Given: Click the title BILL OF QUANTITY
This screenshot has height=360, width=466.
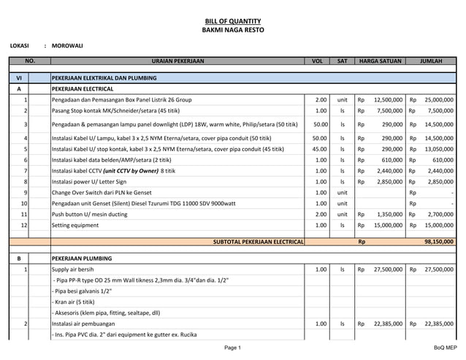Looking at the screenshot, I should click(x=232, y=21).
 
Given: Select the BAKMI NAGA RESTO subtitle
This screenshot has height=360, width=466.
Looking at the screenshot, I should click(x=232, y=30).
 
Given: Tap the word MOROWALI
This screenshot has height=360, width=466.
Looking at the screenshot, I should click(x=67, y=46).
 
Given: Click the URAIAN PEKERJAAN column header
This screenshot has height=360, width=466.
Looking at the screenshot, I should click(x=177, y=61).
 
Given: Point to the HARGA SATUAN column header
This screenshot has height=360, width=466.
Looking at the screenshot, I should click(x=379, y=61).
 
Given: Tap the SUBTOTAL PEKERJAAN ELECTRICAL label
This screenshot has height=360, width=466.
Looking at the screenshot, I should click(x=258, y=241).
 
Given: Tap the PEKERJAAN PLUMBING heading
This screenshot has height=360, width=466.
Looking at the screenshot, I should click(x=81, y=258).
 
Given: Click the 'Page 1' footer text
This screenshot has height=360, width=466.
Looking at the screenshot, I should click(x=232, y=348).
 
